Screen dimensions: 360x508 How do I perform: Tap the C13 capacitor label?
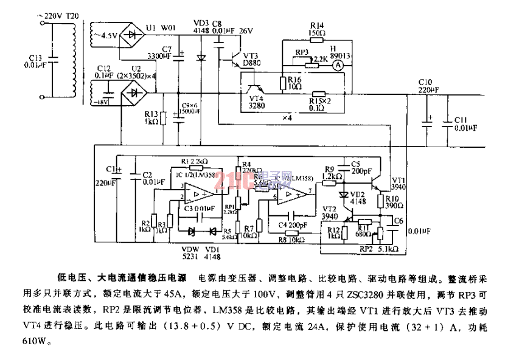[x=38, y=61]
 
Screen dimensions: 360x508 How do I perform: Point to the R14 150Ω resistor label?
[x=317, y=29]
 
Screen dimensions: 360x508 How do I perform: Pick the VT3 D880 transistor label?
[x=251, y=58]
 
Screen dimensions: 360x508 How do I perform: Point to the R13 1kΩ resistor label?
[x=151, y=117]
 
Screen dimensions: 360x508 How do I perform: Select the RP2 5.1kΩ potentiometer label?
[x=381, y=249]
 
